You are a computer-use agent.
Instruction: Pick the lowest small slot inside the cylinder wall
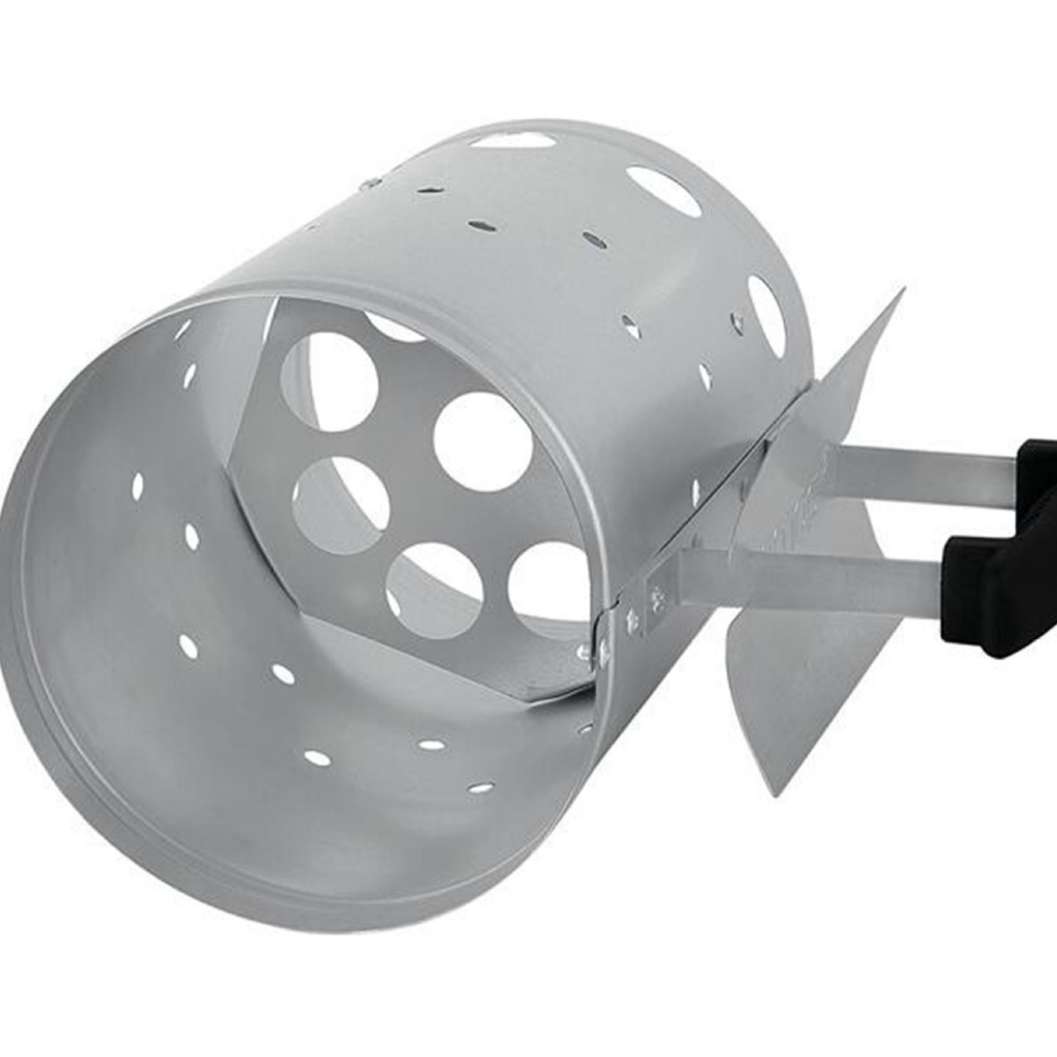pos(480,788)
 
